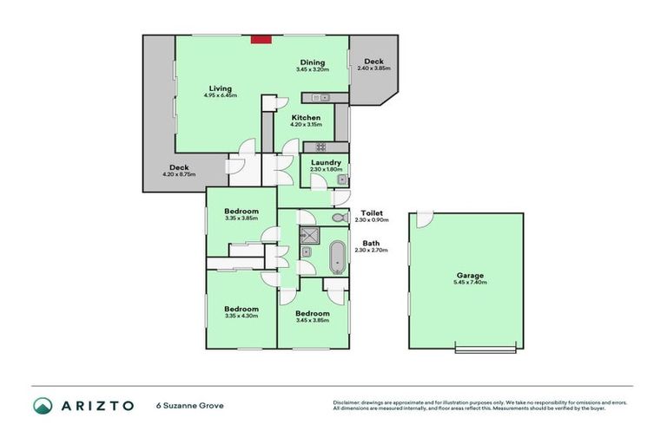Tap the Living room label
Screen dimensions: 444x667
coord(221,87)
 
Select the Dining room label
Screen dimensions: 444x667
coord(312,62)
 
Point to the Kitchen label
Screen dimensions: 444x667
coord(306,117)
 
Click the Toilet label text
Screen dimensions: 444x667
coord(373,212)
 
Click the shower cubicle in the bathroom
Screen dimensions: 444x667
coord(309,236)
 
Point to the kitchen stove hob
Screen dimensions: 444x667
coord(320,146)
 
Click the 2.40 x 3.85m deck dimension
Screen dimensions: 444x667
coord(374,69)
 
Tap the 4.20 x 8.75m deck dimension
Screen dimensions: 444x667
coord(179,174)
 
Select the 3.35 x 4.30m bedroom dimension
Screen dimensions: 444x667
coord(241,316)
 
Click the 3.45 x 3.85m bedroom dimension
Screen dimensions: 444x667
coord(312,320)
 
